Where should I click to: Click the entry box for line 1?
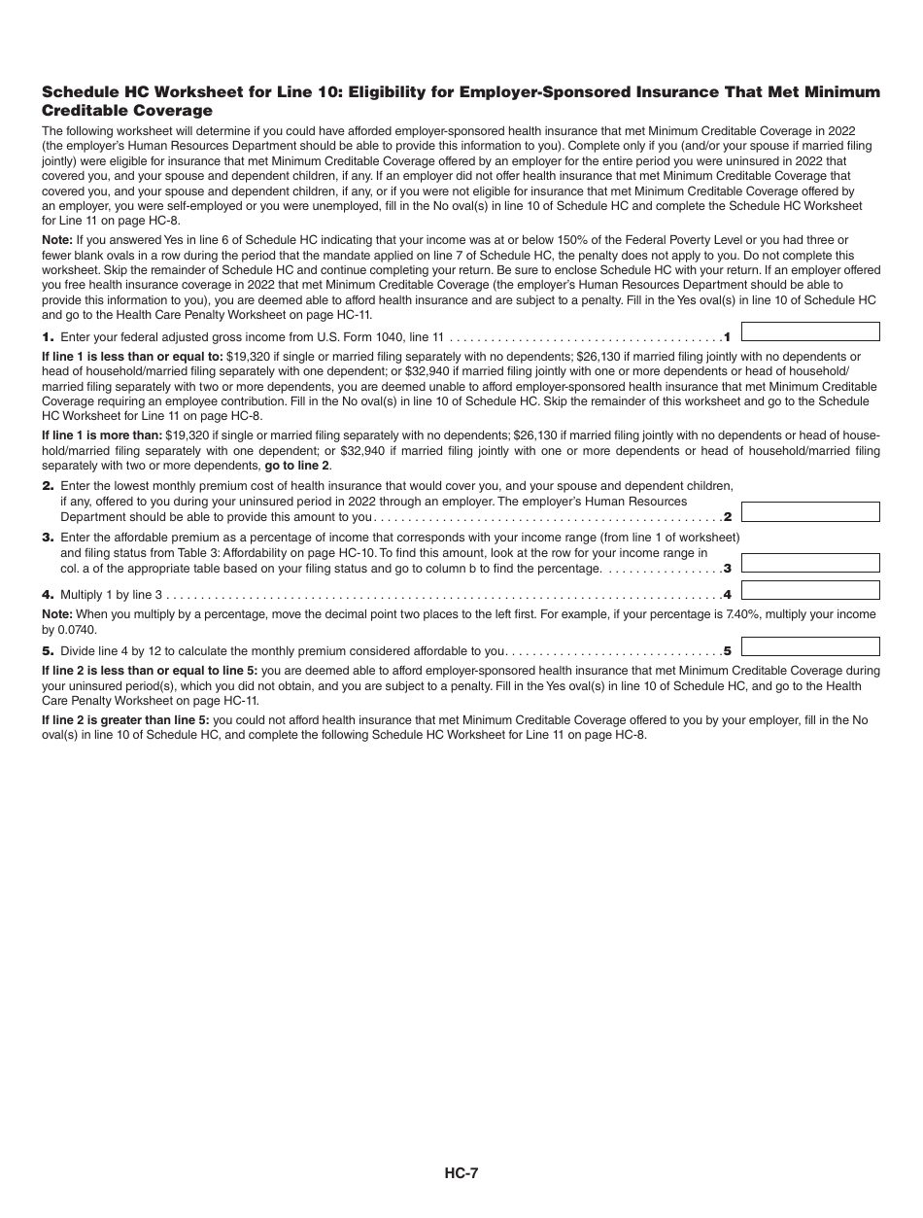tap(810, 331)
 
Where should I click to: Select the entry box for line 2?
tap(810, 512)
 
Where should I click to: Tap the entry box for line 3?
tap(810, 563)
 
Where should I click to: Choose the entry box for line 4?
tap(810, 590)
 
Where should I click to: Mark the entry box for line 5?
tap(810, 646)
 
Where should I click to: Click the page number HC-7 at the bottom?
tap(461, 1172)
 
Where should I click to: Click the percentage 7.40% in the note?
tap(748, 614)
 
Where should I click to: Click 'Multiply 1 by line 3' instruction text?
tap(111, 594)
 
